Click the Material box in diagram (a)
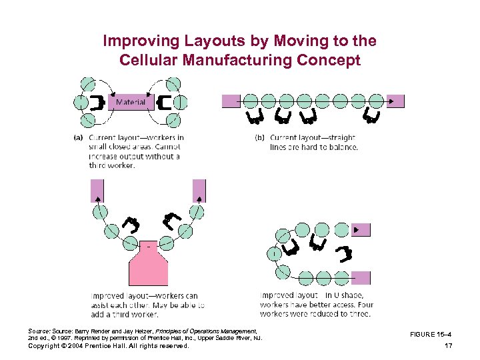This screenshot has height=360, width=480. (x=131, y=102)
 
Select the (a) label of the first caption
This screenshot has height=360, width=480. (x=77, y=138)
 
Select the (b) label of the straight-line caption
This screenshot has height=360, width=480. (x=259, y=138)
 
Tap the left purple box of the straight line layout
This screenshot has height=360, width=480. (x=231, y=101)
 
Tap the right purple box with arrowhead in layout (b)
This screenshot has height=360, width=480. (x=395, y=101)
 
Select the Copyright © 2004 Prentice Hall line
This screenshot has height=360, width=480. (x=109, y=346)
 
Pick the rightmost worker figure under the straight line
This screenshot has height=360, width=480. (x=372, y=118)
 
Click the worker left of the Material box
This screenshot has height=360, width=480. (x=99, y=102)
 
